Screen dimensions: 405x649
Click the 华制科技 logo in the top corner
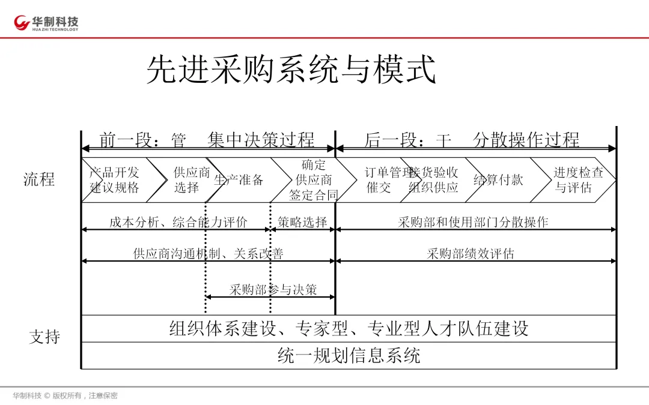(47, 23)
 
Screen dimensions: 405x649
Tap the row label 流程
(39, 179)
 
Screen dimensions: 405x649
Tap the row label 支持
(44, 337)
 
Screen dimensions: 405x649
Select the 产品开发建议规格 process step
(115, 179)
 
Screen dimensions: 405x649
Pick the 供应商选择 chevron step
(191, 179)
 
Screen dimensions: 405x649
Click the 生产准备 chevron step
(239, 179)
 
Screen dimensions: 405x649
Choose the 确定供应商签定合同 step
(313, 179)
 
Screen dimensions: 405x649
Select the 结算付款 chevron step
(498, 179)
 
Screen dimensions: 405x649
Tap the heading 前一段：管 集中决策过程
(207, 140)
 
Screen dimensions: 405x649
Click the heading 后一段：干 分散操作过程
(472, 140)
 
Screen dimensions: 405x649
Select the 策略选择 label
(302, 222)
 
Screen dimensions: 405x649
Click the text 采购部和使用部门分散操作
(473, 222)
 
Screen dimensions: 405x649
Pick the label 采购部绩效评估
(471, 253)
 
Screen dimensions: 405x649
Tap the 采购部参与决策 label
(273, 290)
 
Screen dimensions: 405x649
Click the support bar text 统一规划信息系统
(349, 355)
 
